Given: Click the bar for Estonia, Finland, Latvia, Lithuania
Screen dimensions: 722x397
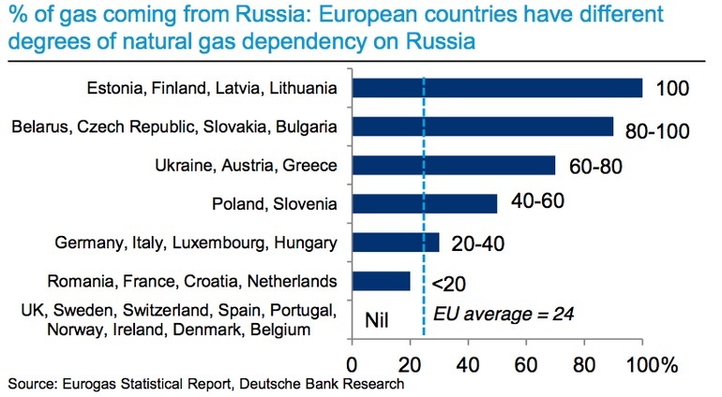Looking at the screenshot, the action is tap(497, 88).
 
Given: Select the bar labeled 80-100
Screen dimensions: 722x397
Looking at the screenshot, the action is tap(483, 126).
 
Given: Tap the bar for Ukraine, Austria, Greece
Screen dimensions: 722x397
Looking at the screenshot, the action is tap(454, 165).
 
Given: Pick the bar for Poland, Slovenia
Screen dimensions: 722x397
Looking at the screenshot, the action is tap(425, 204).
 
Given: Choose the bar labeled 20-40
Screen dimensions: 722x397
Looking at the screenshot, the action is tap(396, 243).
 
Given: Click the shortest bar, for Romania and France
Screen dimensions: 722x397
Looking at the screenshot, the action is tap(382, 281).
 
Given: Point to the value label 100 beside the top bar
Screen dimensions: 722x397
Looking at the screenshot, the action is tap(672, 88).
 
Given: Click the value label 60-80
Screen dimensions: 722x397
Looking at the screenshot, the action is tap(595, 166).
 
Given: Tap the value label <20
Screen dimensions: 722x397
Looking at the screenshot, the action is tap(448, 284).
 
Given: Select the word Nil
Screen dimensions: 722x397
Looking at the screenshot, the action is tap(377, 319).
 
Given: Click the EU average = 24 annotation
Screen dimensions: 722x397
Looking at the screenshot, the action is tap(504, 315).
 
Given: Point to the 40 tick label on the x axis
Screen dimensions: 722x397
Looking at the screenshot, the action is tap(468, 365).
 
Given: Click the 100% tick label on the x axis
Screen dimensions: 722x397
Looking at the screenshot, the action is tap(652, 365).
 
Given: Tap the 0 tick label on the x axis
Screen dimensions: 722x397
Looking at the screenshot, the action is tap(352, 365).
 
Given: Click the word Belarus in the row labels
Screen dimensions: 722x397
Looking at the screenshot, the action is tap(40, 126).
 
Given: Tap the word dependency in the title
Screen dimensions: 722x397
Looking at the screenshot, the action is tap(305, 41).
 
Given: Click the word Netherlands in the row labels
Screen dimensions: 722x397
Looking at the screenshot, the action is tap(292, 281).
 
